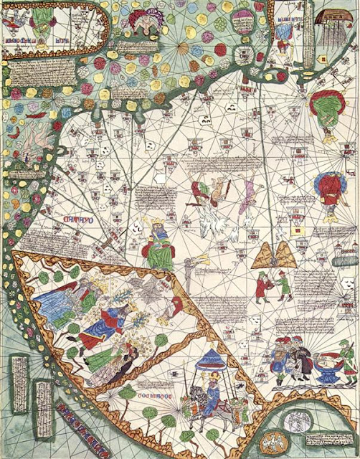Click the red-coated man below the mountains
(263, 286)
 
